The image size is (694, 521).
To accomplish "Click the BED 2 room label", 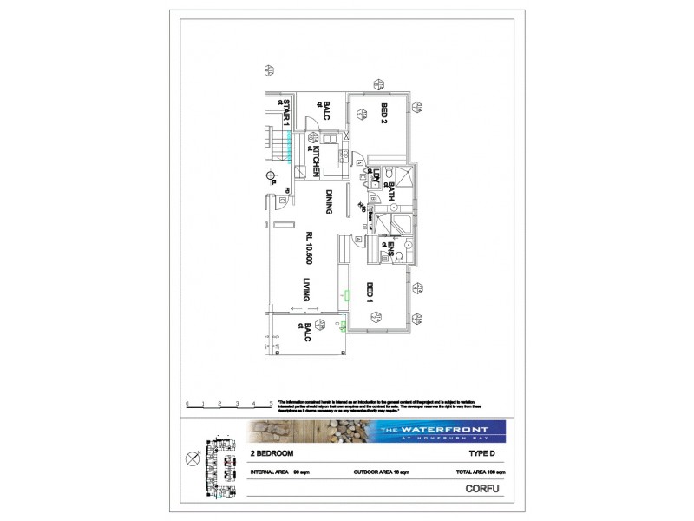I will pos(383,115).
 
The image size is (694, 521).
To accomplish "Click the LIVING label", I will pos(306,289).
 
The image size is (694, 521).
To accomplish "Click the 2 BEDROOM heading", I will pos(272,453).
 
